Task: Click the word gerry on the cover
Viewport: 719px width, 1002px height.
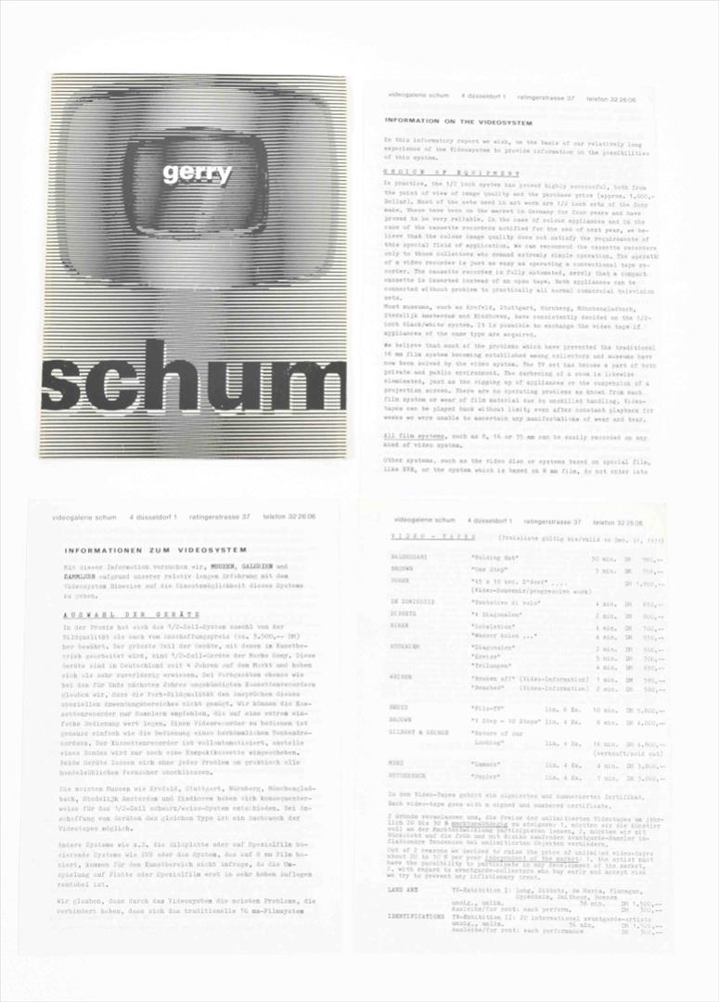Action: click(197, 173)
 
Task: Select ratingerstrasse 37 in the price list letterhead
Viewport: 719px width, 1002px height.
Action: click(552, 521)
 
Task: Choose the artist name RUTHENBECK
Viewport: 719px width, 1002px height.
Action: click(411, 777)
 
